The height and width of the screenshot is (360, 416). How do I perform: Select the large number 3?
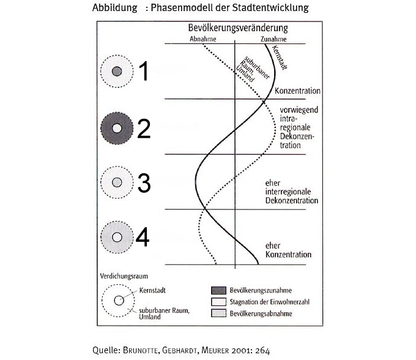pyautogui.click(x=143, y=183)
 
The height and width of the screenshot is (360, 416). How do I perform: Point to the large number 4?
pyautogui.click(x=142, y=238)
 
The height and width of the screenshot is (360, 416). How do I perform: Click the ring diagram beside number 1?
pyautogui.click(x=117, y=72)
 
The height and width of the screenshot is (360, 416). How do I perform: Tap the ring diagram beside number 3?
pyautogui.click(x=117, y=182)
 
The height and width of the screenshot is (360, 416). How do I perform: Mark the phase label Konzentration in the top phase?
pyautogui.click(x=298, y=91)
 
